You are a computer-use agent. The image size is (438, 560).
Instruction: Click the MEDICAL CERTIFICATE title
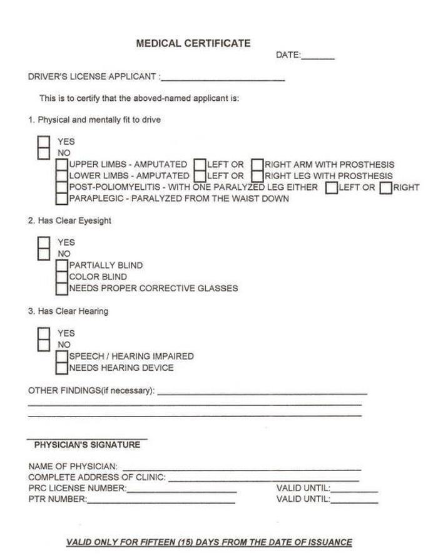193,43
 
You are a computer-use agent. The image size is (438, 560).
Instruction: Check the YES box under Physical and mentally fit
44,142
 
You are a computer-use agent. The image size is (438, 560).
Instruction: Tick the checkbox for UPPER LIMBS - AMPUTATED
62,165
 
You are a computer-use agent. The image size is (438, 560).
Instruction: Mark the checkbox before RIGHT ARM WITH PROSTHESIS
257,165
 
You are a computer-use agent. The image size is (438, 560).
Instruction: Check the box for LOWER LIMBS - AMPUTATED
62,176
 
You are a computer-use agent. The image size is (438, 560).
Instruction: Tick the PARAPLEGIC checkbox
62,199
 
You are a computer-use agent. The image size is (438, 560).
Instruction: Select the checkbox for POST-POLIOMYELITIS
62,187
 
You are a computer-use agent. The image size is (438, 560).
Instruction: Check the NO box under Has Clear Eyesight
44,254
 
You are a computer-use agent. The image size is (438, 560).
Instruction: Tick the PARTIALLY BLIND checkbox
62,266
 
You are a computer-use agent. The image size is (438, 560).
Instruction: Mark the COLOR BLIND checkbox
62,277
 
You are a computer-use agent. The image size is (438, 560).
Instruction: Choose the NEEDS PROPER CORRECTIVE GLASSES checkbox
62,288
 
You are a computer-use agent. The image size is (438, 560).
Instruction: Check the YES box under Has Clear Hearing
44,333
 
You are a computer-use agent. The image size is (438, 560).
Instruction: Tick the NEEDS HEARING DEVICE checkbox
62,368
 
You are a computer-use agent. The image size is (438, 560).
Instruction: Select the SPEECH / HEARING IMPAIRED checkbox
62,356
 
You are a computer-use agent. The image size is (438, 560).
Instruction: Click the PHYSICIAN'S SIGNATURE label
87,445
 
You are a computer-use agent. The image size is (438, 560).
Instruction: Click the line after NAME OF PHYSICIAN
242,467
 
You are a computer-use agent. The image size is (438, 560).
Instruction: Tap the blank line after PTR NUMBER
161,500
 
